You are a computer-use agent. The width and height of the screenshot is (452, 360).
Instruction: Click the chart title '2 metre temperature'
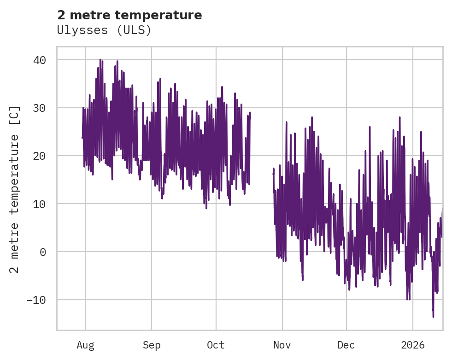pyautogui.click(x=129, y=15)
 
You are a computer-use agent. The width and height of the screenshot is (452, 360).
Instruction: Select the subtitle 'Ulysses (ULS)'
pyautogui.click(x=104, y=30)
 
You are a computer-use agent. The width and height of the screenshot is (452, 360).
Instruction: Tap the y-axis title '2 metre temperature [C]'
pyautogui.click(x=15, y=189)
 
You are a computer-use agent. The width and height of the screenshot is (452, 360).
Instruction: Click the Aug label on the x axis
pyautogui.click(x=86, y=345)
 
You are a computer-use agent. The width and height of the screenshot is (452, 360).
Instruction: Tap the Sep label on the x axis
pyautogui.click(x=152, y=345)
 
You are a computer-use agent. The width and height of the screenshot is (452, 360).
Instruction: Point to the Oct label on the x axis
pyautogui.click(x=216, y=345)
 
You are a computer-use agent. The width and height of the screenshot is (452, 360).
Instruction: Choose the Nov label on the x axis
pyautogui.click(x=282, y=345)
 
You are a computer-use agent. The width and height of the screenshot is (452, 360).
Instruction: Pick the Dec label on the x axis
pyautogui.click(x=346, y=345)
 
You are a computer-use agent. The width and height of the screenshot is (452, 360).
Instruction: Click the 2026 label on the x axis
pyautogui.click(x=413, y=345)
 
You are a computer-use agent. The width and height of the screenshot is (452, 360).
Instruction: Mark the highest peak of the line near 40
pyautogui.click(x=100, y=59)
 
